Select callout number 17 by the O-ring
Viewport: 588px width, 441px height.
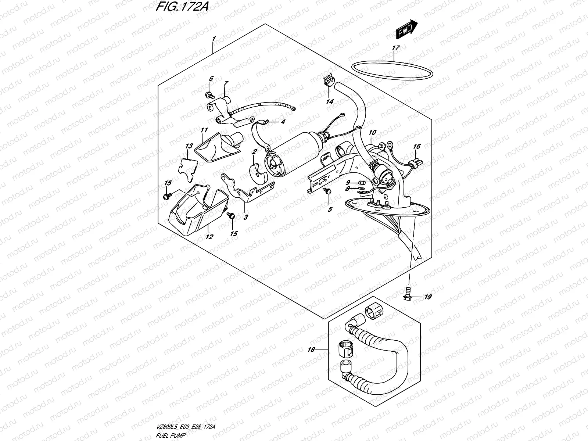click(x=395, y=48)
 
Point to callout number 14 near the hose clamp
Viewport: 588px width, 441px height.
click(x=330, y=101)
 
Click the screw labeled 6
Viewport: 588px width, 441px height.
click(x=210, y=96)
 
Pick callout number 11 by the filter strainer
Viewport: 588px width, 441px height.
click(x=204, y=130)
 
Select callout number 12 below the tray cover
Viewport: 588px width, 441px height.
click(x=209, y=237)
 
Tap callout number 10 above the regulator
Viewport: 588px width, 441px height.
click(x=373, y=132)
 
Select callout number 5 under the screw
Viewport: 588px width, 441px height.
click(x=330, y=209)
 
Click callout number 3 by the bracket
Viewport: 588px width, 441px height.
click(x=245, y=217)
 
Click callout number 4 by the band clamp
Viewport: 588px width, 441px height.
click(x=282, y=123)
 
